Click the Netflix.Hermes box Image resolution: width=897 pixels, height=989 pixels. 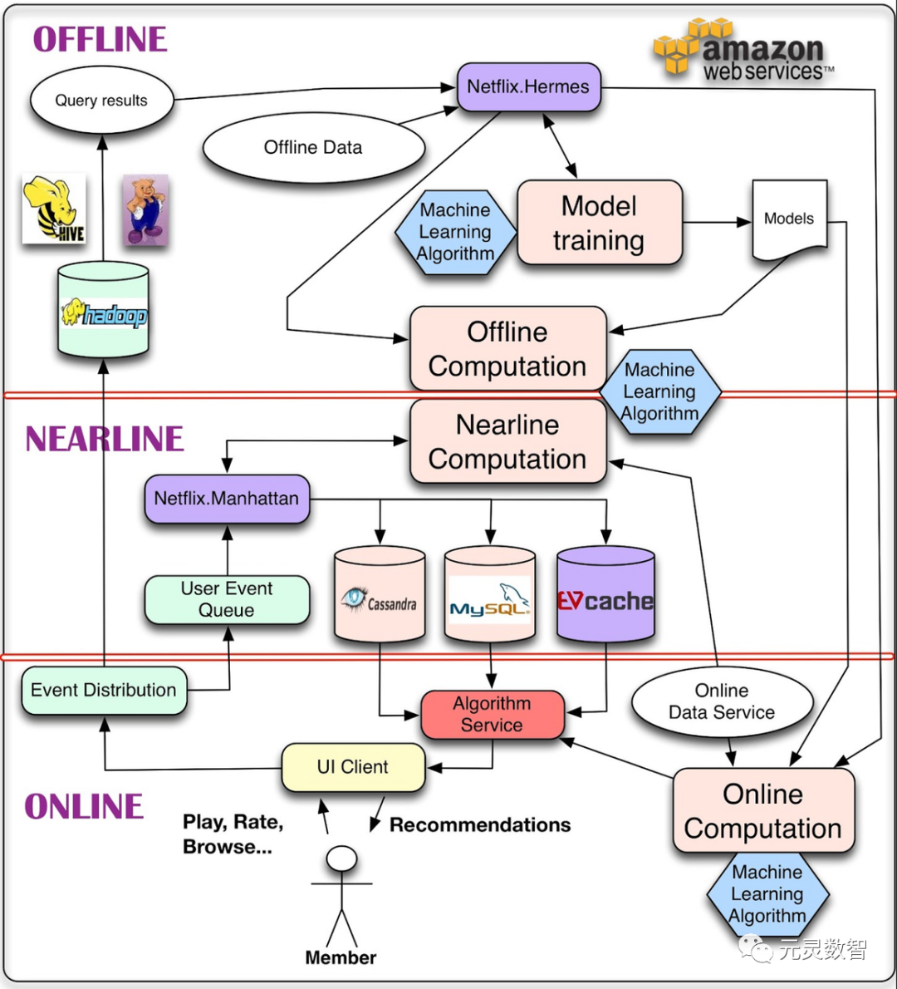[528, 87]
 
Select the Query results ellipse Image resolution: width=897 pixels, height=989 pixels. [101, 101]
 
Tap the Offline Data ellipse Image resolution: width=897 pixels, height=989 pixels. [313, 148]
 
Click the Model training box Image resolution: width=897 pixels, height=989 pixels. [599, 223]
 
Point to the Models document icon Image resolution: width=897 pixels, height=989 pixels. [789, 219]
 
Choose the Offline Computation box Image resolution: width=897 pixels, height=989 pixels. [507, 349]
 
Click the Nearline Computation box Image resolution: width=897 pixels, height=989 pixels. [507, 441]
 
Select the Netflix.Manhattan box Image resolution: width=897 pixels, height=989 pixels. [227, 499]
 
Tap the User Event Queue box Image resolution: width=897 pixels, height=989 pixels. [227, 599]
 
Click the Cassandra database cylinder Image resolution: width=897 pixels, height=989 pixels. [380, 596]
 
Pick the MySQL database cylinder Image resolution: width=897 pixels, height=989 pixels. [489, 596]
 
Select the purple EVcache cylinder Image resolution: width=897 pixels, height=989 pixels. [605, 596]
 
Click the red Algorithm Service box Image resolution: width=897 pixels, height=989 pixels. [492, 714]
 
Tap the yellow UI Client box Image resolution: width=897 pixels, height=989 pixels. [353, 767]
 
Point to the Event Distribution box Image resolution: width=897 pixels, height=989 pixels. [104, 690]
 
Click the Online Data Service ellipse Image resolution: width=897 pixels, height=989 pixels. [722, 701]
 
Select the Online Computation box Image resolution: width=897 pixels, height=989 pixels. [762, 811]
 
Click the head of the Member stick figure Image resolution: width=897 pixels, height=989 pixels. [341, 859]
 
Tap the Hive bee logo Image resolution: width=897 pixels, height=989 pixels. [54, 209]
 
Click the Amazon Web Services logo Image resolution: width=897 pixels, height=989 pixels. [743, 52]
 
